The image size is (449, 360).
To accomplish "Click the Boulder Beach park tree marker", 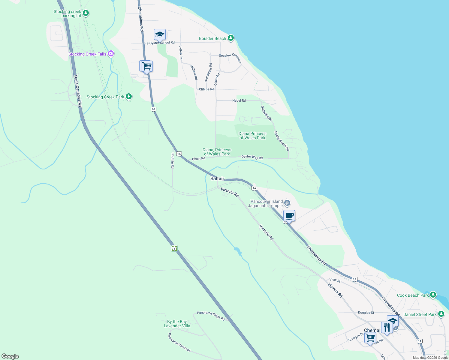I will (x=231, y=38).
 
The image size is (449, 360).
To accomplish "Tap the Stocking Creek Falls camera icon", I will (x=111, y=54).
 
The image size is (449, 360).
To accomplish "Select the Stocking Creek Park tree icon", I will (x=129, y=97).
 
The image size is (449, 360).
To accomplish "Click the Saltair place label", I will (x=217, y=178).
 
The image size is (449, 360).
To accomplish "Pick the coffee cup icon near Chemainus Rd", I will (x=289, y=216).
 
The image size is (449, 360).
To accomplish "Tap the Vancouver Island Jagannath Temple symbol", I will (x=287, y=203).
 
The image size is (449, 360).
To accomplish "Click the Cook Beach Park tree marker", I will (x=433, y=295).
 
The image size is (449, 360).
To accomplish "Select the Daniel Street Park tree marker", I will (x=441, y=314).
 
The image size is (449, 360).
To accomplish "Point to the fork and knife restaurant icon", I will (x=387, y=327).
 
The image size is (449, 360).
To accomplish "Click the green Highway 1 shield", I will (x=174, y=248).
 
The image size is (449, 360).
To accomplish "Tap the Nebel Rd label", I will (x=239, y=100).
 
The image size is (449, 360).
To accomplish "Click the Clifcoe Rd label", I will (x=206, y=89).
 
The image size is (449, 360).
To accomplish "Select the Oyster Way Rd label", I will (x=252, y=157).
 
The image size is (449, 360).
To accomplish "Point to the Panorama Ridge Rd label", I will (x=211, y=316).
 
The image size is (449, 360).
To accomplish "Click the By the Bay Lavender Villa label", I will (x=177, y=324).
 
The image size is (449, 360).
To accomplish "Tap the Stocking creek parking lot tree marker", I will (x=86, y=13).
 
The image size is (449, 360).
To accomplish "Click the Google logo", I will (x=10, y=356).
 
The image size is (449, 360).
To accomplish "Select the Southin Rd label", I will (x=173, y=160).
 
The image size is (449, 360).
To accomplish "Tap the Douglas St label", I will (x=366, y=313).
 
